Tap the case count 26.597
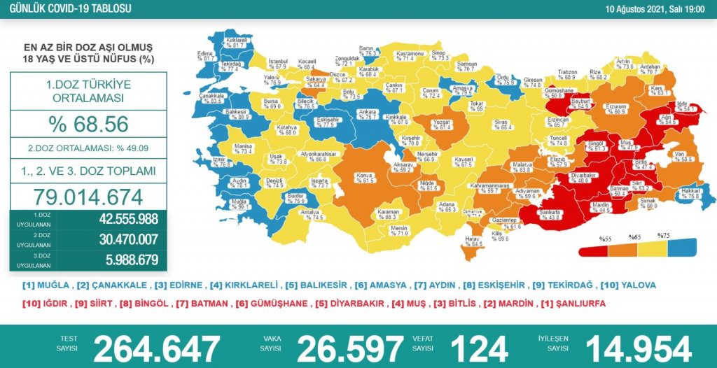click(350, 348)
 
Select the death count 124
click(479, 348)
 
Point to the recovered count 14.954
click(638, 348)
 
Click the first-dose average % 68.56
click(88, 124)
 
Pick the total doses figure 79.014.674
click(88, 197)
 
